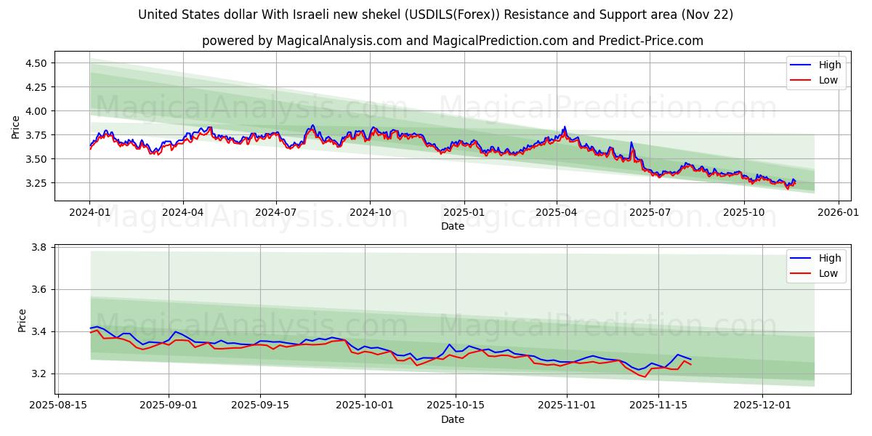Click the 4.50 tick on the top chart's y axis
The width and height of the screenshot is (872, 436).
click(x=36, y=63)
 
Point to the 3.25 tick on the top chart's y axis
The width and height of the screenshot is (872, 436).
click(x=36, y=183)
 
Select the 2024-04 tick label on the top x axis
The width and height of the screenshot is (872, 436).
click(x=182, y=212)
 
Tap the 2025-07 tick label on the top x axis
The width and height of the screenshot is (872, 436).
click(x=650, y=212)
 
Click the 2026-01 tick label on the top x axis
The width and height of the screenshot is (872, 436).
click(x=839, y=212)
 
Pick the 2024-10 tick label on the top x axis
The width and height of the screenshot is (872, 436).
click(x=370, y=212)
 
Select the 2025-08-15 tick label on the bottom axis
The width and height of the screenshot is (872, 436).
click(x=59, y=405)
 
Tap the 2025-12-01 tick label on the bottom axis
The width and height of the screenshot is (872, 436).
click(x=762, y=405)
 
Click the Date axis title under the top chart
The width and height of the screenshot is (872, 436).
click(x=453, y=226)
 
